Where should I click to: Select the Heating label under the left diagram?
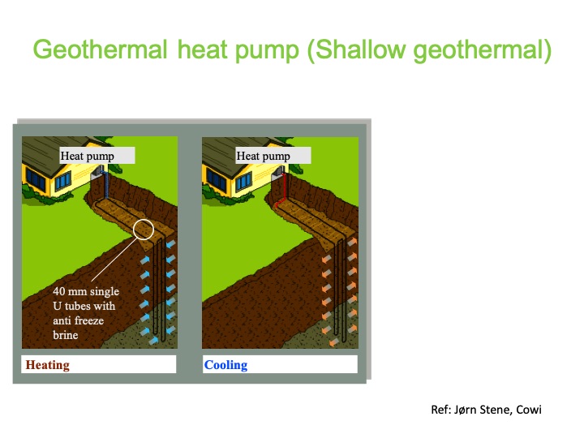(48, 365)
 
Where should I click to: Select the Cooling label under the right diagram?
(225, 365)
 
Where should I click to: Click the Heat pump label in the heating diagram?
(88, 156)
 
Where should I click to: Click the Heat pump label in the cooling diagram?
(263, 156)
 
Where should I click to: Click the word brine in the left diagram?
(67, 334)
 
